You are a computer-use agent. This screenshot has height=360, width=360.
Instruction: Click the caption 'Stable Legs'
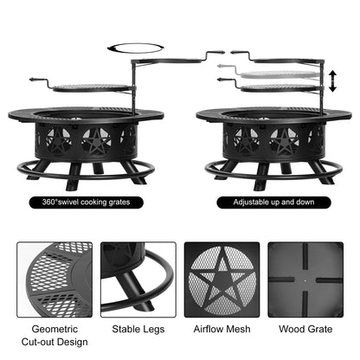coord(138,330)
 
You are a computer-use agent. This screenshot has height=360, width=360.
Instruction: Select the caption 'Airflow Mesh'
coord(222,330)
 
